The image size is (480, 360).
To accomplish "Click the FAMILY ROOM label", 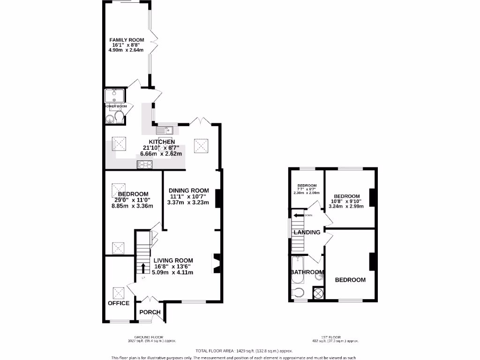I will pyautogui.click(x=127, y=40).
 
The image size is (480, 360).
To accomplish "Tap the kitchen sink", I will pyautogui.click(x=165, y=130).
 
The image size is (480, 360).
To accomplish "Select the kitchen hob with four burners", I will pyautogui.click(x=145, y=164).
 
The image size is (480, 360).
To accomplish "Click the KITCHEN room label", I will pyautogui.click(x=162, y=142).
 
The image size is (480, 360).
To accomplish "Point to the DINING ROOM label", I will pyautogui.click(x=188, y=190).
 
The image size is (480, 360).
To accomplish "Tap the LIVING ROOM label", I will pyautogui.click(x=173, y=261).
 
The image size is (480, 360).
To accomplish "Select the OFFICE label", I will pyautogui.click(x=119, y=303).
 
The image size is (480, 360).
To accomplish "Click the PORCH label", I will pyautogui.click(x=150, y=312).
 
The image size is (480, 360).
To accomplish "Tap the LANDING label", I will pyautogui.click(x=307, y=232).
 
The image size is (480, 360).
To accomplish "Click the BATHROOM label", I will pyautogui.click(x=307, y=272).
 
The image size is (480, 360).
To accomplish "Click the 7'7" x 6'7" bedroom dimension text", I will pyautogui.click(x=307, y=192).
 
